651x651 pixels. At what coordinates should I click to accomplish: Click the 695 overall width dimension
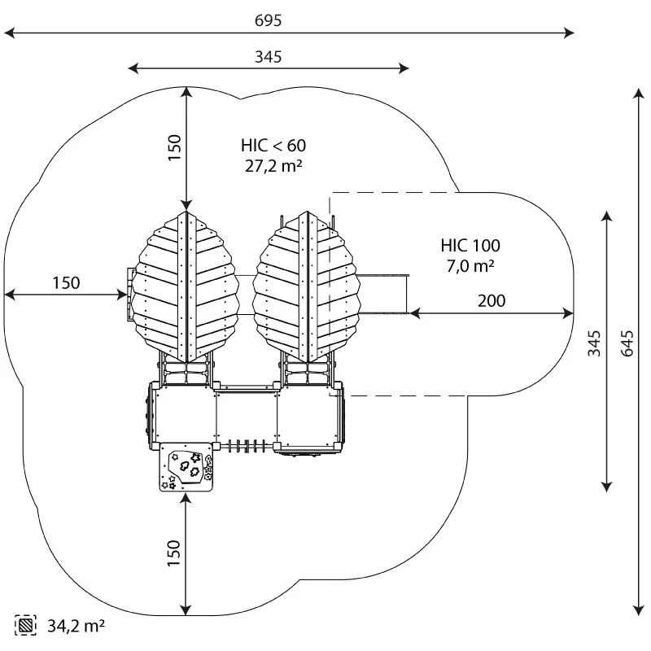(268, 20)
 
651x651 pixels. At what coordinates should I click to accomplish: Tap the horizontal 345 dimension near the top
(268, 57)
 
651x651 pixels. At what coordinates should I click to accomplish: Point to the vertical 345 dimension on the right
(595, 345)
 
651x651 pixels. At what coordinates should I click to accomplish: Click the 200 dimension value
(491, 300)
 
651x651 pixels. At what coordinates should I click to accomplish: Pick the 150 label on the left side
(66, 282)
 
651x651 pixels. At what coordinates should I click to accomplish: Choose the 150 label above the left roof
(174, 147)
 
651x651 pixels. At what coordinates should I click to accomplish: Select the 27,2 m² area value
(273, 166)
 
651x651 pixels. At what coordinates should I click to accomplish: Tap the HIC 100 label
(470, 245)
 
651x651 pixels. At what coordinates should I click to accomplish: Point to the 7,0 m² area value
(470, 266)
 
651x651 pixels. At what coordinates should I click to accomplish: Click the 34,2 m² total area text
(76, 626)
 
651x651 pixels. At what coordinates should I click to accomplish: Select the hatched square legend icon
(26, 626)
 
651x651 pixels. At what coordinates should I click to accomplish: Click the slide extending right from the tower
(382, 293)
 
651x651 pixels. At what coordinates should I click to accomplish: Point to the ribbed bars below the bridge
(247, 445)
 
